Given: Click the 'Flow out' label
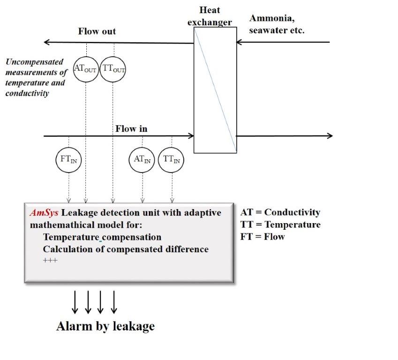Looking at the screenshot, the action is tap(97, 31).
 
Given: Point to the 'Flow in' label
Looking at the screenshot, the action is tap(131, 129).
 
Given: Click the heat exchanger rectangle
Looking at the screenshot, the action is tap(194, 90).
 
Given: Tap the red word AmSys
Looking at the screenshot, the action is tap(44, 212).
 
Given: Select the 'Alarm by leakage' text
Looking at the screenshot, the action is tap(105, 326).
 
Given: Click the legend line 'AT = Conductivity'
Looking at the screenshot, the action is tap(280, 212).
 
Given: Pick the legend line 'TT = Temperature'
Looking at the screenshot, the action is tap(280, 225).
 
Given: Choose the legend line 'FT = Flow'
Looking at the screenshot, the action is tap(263, 237).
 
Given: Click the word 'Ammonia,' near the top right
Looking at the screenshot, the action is tap(272, 18).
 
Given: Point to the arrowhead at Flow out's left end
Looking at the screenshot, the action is tap(46, 42).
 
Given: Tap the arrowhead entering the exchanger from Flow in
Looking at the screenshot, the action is tap(191, 136).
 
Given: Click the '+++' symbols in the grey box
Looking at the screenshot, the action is tap(50, 260).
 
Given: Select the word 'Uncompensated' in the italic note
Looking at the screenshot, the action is tap(35, 62).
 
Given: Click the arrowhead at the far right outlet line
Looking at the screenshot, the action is tap(330, 136).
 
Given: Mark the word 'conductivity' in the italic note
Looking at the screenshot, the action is tap(27, 93).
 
